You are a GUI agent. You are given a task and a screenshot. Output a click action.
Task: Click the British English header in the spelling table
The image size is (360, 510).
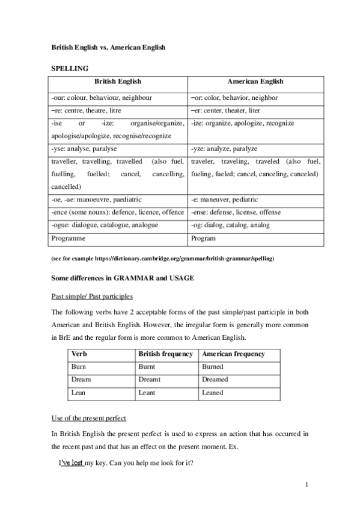pos(118,82)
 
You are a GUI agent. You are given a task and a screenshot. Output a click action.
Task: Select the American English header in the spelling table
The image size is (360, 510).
pos(255,82)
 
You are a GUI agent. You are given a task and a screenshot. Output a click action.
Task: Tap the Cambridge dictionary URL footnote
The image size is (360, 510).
pos(162,258)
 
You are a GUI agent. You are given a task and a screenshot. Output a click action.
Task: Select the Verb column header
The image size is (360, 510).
pos(79,354)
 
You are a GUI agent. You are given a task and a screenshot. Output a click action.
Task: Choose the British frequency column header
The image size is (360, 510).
pos(165,354)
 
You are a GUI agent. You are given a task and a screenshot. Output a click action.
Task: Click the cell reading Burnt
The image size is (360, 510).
pos(147,367)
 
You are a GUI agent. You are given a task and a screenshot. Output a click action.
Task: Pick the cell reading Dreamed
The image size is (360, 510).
pos(215,379)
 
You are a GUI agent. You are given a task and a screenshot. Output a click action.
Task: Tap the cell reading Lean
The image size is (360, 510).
pos(78,393)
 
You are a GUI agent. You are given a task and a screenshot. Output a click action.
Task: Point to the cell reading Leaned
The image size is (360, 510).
pos(213,393)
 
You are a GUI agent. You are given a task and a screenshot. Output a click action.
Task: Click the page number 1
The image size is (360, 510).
pos(306,485)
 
